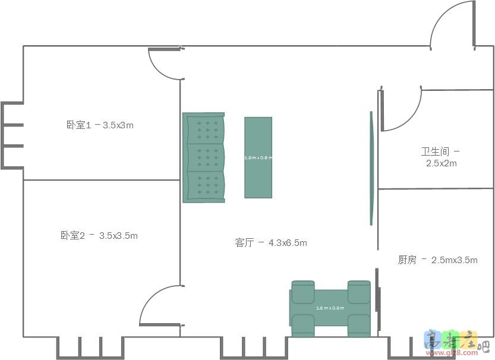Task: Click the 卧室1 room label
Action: coord(100,125)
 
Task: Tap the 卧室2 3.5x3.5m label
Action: coord(99,236)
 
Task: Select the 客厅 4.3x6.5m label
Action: coord(271,243)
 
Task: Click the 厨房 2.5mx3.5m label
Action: coord(437,260)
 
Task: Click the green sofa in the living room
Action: coord(204,157)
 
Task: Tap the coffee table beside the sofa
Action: coord(258,157)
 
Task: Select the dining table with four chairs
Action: coord(330,308)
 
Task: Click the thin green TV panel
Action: coord(371,168)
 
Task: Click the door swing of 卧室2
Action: coord(159,307)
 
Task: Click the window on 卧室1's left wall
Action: coord(12,135)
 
